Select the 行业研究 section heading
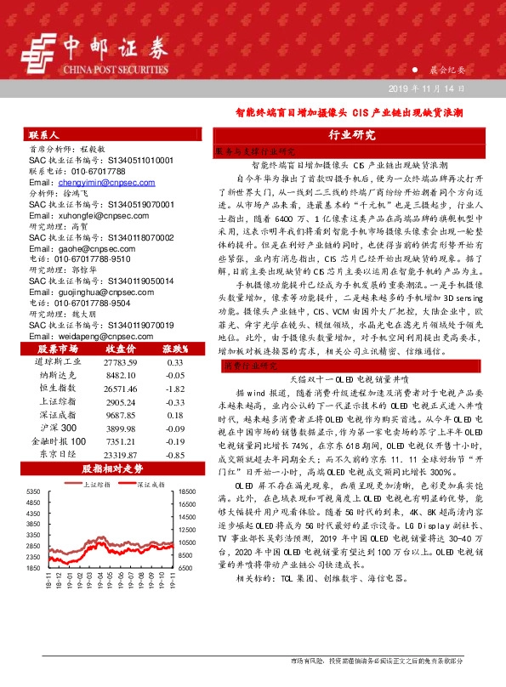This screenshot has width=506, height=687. tap(350, 134)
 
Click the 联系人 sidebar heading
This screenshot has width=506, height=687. tap(43, 134)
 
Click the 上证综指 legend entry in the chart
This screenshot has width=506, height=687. tap(91, 485)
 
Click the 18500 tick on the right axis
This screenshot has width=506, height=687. tap(189, 492)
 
